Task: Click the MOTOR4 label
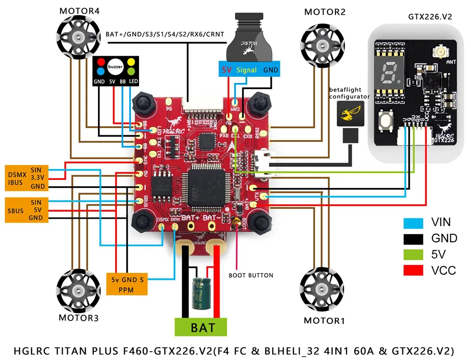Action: click(x=79, y=11)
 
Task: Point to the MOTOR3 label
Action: click(x=79, y=318)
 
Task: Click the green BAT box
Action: click(x=201, y=327)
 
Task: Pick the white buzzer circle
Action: click(x=115, y=67)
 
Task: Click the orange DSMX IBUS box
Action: click(x=26, y=178)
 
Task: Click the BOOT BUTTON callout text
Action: click(x=251, y=275)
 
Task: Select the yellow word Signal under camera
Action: click(x=247, y=70)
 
